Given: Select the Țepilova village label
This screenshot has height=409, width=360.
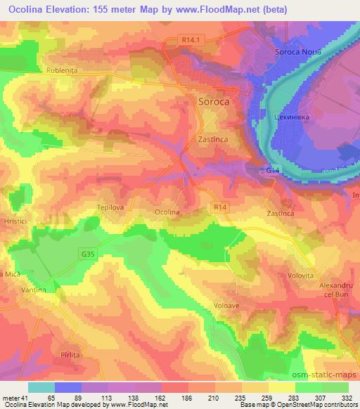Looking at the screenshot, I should pyautogui.click(x=110, y=207).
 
